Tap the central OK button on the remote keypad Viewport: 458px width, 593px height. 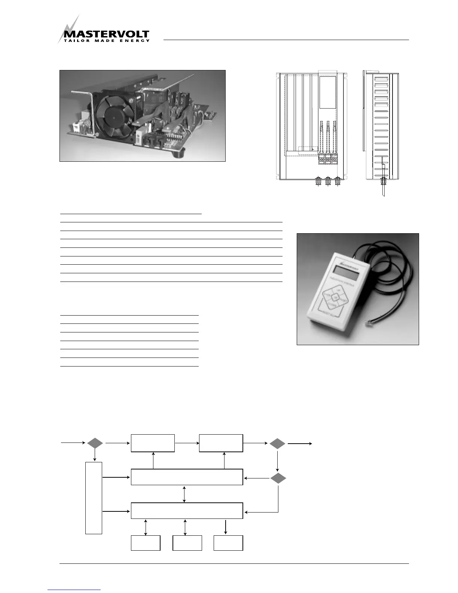[335, 297]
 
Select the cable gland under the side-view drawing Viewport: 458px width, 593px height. [383, 182]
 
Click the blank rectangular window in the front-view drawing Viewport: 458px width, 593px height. [328, 93]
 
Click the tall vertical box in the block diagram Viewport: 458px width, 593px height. [94, 498]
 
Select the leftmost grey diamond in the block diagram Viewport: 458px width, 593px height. [95, 443]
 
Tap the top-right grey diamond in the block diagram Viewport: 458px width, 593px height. [277, 444]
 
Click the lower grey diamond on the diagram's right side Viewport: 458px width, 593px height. [278, 478]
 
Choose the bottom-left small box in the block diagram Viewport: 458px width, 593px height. [146, 543]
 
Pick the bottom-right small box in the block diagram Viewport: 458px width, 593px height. [228, 543]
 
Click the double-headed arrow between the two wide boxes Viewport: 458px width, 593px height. [184, 494]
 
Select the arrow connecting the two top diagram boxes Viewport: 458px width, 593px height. [187, 443]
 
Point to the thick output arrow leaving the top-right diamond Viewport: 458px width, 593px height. [299, 444]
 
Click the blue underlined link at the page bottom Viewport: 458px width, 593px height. [74, 590]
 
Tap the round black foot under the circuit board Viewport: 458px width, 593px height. [178, 154]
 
